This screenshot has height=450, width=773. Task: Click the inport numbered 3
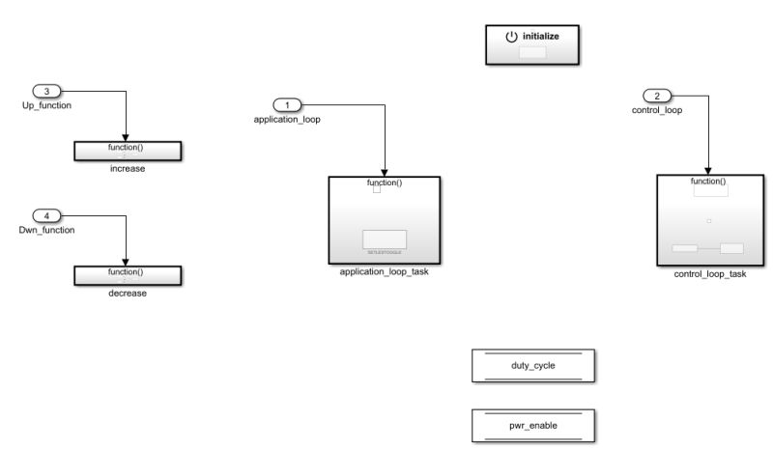click(49, 92)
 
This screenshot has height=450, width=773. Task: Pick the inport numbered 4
click(49, 214)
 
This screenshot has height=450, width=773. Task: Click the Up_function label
click(46, 104)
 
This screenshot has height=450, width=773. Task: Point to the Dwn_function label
click(48, 229)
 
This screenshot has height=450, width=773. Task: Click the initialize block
click(532, 44)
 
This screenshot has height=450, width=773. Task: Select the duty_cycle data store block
click(532, 367)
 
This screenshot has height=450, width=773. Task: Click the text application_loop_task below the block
click(385, 272)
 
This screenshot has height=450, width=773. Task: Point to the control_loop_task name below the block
click(710, 274)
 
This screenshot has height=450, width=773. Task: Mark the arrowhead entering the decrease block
click(128, 263)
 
